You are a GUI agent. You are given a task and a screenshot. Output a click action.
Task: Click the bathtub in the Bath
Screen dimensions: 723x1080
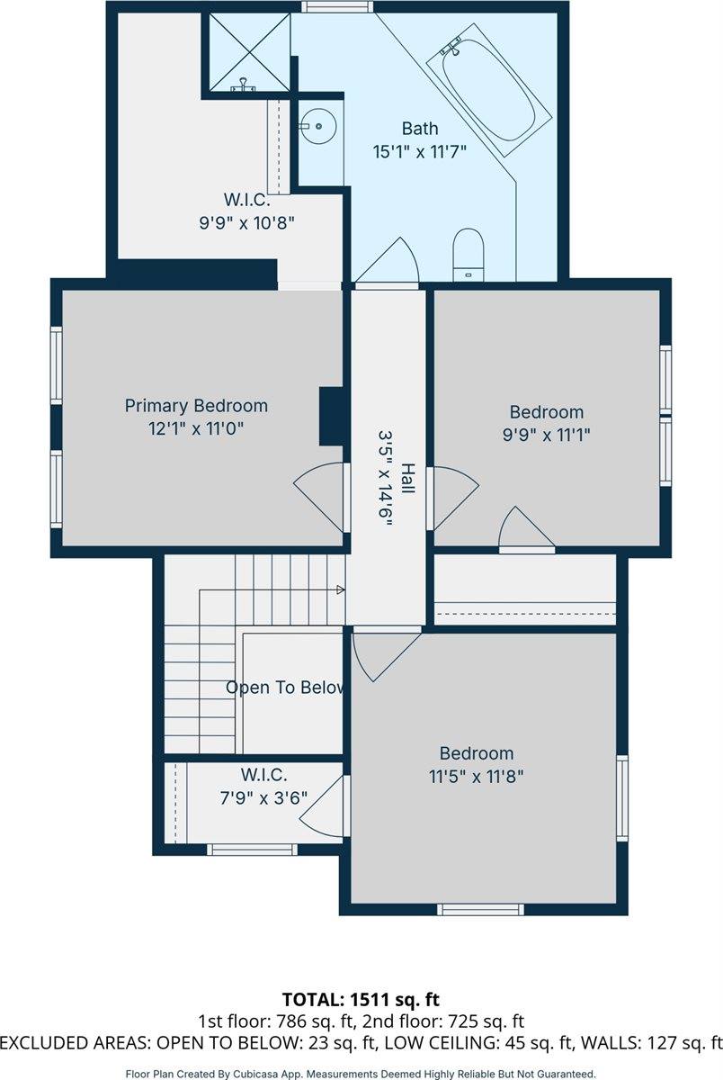489,90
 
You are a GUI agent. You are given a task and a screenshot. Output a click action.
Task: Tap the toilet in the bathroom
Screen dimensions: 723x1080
469,255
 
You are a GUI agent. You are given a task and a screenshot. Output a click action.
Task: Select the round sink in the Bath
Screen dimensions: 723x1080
318,126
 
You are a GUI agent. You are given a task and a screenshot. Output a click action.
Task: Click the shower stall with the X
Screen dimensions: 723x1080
249,52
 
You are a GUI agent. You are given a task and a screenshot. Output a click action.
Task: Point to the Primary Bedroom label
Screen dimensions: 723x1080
196,406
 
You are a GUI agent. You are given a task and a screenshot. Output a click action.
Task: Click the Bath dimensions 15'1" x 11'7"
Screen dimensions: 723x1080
420,152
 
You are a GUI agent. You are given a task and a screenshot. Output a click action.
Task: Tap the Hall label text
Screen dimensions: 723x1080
408,478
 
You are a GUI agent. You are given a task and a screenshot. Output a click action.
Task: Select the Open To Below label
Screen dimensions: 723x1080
285,688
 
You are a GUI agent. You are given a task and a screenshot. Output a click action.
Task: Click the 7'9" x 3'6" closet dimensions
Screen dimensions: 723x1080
263,798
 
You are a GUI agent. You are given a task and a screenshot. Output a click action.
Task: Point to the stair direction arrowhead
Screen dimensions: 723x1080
341,589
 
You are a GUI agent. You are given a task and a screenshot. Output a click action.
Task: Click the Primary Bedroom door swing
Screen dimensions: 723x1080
320,498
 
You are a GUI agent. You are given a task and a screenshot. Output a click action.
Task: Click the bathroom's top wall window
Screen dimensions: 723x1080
337,7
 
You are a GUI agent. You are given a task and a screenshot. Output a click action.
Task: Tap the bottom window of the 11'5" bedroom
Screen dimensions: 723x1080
480,909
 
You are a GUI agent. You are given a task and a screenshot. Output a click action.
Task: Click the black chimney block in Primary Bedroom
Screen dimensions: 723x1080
332,416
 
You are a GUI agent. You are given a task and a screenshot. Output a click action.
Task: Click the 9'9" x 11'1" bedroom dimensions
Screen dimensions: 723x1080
546,435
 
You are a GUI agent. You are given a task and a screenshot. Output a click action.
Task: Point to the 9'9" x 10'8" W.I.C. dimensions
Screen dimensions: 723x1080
246,223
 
